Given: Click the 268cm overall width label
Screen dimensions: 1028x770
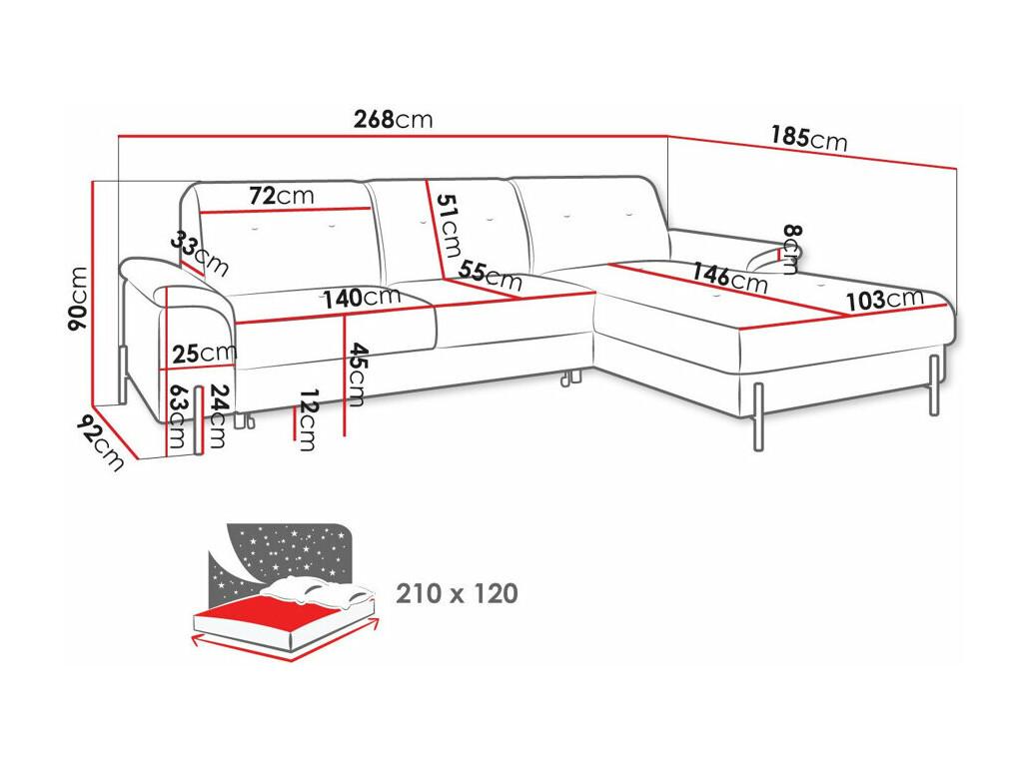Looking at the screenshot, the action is coord(394,119).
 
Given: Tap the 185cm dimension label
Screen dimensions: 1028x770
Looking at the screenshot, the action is coord(809,138).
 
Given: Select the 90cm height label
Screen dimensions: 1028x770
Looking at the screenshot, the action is coord(78,299).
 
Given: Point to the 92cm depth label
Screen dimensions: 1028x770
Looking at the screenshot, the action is coord(100,443).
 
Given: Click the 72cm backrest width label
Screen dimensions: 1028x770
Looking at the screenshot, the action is coord(282,196).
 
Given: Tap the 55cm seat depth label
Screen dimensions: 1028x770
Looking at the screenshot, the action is coord(490,276).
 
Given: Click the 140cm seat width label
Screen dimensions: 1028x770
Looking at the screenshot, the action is coord(362,298).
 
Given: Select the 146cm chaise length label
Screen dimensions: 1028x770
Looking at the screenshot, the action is coord(729,277).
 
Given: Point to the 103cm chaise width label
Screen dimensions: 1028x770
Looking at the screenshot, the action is coord(885,300).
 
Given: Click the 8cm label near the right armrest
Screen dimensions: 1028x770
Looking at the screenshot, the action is coord(792,249).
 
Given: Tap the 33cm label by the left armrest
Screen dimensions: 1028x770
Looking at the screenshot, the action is coord(200,255).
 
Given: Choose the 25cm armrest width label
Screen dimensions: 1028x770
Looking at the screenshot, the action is coord(204,354).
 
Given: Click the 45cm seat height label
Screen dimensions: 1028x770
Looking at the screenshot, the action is coord(357,375).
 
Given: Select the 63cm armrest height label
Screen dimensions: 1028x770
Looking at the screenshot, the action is coord(178,416).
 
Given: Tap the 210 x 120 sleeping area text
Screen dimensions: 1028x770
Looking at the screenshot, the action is coord(457,593).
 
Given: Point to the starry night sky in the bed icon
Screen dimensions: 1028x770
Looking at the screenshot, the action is coord(289,550).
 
